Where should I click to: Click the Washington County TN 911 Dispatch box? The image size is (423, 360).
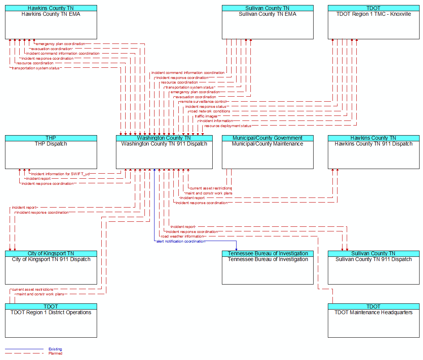coord(164,152)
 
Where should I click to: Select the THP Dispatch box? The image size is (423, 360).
coord(51,152)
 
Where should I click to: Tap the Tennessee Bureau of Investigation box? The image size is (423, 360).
coord(268,268)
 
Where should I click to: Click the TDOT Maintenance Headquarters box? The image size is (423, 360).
coord(374,320)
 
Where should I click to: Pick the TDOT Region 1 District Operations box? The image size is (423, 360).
coord(51,320)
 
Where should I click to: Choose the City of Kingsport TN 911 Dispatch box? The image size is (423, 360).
coord(51,268)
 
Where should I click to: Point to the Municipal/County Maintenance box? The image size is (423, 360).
coord(268,152)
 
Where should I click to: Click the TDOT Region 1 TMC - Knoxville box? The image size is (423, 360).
coord(374,22)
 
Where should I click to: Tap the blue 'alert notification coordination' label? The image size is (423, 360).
coord(181,241)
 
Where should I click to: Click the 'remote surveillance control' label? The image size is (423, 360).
coord(203,102)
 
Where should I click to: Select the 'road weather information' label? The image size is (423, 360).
coord(182,236)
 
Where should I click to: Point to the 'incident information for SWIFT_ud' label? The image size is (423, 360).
coord(60,174)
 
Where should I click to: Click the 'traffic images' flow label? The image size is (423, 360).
coord(206,116)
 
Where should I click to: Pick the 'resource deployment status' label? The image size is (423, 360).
coord(228,126)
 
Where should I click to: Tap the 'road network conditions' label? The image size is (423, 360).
coord(210,111)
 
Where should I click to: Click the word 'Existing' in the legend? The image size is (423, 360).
coord(55,349)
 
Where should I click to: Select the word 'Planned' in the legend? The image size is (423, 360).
coord(55,353)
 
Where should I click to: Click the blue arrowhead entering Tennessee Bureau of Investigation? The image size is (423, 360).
coord(236,249)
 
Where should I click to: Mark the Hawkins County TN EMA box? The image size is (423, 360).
coord(51,22)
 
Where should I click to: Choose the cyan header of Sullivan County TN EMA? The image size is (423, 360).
coord(268,8)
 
